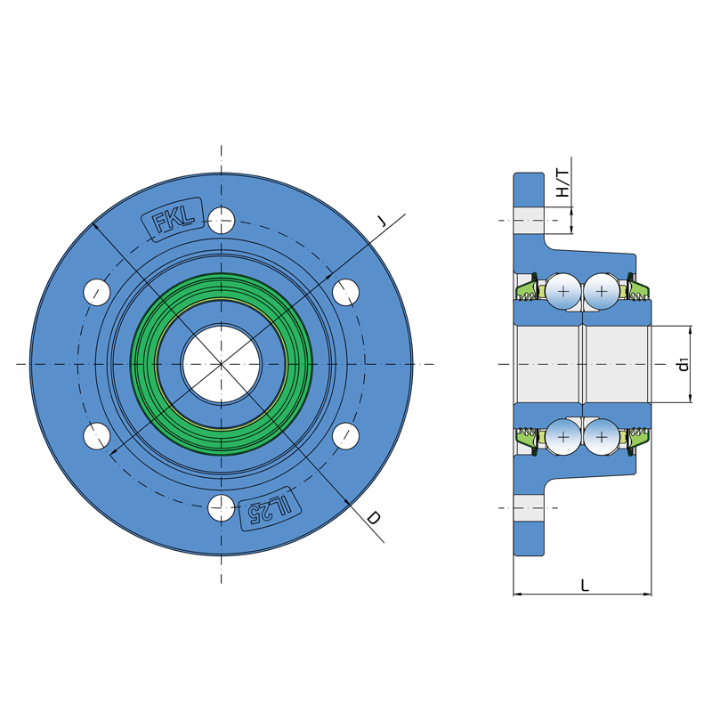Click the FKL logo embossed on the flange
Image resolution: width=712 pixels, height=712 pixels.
(173, 218)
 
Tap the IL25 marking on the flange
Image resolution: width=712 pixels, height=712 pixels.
(270, 509)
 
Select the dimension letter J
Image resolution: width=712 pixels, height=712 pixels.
(382, 222)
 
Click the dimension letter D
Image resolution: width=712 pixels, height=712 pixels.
(373, 518)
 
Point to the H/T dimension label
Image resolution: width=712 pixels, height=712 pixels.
(562, 183)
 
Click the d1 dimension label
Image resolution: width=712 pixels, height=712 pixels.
(683, 364)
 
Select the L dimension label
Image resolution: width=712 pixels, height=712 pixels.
(585, 586)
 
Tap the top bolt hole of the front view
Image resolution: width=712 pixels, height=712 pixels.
(221, 220)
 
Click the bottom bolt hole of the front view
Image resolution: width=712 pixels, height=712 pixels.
(221, 508)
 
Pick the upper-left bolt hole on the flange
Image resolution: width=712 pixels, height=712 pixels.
(97, 292)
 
